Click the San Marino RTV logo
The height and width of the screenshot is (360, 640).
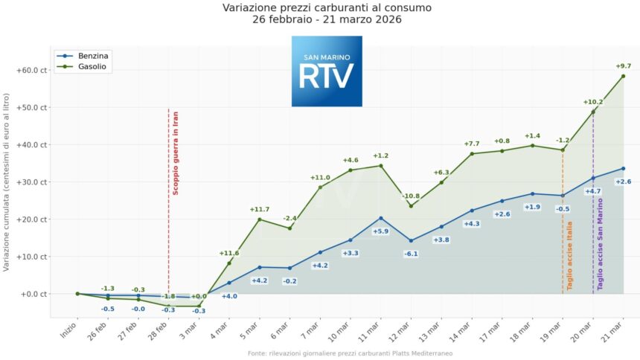pos(327,71)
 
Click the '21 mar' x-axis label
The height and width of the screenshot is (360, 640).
pos(616,325)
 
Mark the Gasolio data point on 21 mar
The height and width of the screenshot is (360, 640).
pos(623,76)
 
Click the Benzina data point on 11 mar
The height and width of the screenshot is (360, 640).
pos(380,218)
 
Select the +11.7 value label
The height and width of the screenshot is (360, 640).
pos(260,209)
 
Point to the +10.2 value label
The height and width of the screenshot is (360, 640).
pos(592,102)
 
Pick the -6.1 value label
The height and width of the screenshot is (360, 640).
pos(411,254)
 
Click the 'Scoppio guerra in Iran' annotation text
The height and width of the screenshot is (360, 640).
pos(176,152)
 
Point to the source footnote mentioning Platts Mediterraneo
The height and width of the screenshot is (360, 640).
pos(350,353)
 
